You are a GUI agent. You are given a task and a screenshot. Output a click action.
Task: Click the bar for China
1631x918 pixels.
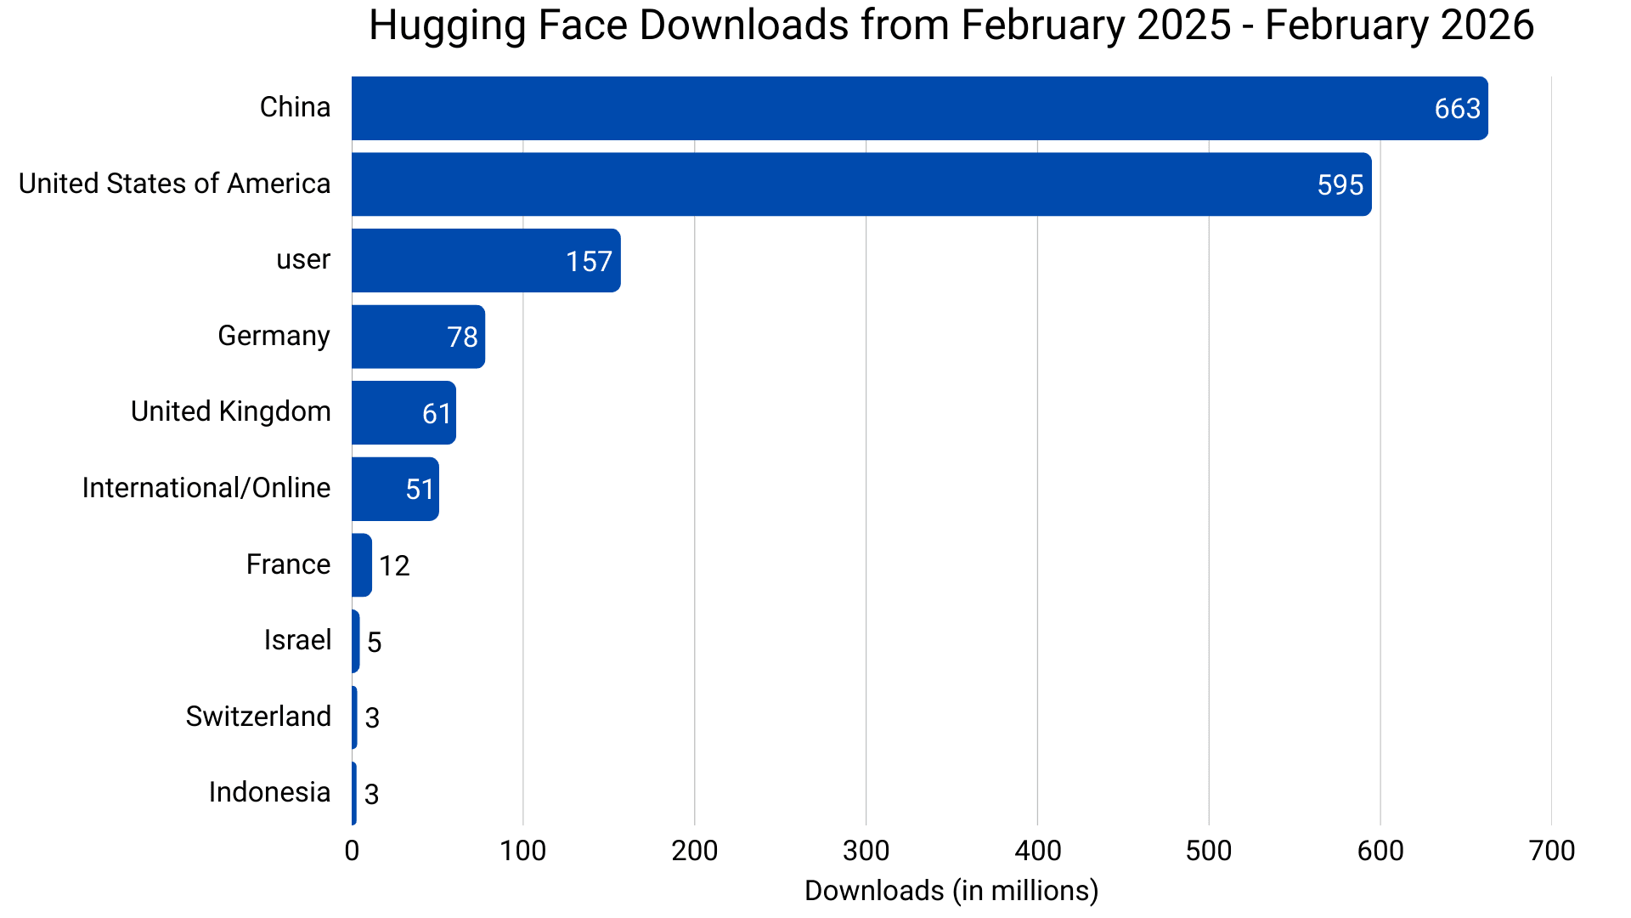[919, 108]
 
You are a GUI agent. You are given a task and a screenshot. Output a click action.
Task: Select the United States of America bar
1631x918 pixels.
[861, 184]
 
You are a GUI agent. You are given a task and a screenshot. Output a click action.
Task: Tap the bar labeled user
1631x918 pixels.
[486, 260]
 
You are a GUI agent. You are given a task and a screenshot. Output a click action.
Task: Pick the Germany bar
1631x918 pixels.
[418, 337]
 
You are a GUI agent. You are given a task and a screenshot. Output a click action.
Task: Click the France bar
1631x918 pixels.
[362, 565]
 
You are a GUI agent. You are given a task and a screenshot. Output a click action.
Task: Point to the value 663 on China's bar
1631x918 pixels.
[1457, 109]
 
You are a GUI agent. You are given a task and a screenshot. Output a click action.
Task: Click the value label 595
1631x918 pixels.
[1340, 185]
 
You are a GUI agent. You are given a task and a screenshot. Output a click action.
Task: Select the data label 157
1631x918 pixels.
[589, 261]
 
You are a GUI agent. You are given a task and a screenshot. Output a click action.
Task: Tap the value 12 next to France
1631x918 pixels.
[394, 566]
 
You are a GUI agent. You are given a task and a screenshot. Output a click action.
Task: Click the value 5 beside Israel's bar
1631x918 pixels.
[374, 642]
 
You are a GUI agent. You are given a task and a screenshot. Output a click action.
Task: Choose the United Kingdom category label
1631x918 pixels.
[230, 411]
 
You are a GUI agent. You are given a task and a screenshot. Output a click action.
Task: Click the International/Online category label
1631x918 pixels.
[206, 488]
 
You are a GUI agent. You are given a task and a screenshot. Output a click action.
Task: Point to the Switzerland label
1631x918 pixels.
[258, 717]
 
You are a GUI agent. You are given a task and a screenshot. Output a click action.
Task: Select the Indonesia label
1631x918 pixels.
[269, 792]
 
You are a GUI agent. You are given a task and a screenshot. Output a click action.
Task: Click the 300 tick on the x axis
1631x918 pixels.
[866, 850]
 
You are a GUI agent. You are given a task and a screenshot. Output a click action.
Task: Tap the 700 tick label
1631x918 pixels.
[1551, 850]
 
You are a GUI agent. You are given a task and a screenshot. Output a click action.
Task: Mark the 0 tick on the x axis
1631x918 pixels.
[352, 850]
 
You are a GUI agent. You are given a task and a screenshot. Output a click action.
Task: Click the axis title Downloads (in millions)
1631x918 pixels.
[951, 891]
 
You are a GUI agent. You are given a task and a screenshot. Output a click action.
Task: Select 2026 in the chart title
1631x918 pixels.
[1487, 25]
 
